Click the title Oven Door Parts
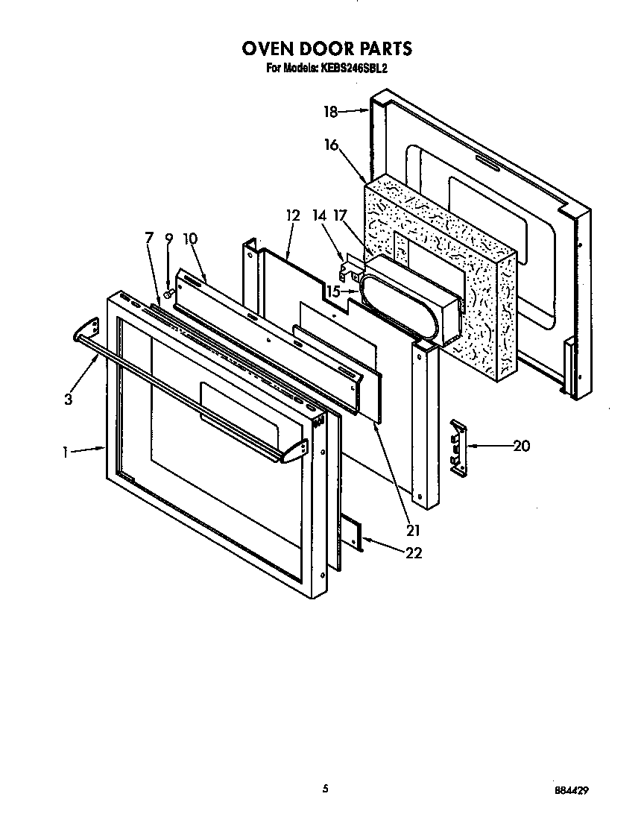click(326, 48)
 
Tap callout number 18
click(330, 112)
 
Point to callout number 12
click(292, 216)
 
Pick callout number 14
click(319, 216)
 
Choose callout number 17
click(341, 216)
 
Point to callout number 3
click(68, 400)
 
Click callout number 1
click(66, 451)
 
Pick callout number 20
click(521, 446)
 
